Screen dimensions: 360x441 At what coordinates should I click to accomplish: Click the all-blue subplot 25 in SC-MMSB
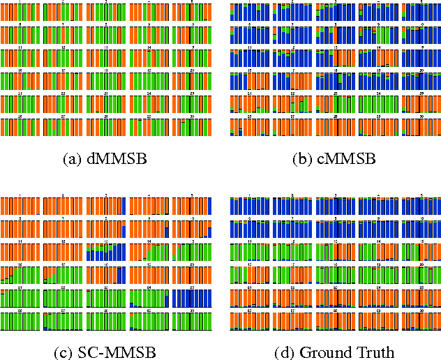(x=192, y=298)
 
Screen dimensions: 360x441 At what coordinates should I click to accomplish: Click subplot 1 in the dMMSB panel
(x=20, y=13)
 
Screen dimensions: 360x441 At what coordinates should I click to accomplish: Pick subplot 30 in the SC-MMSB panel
(x=192, y=320)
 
